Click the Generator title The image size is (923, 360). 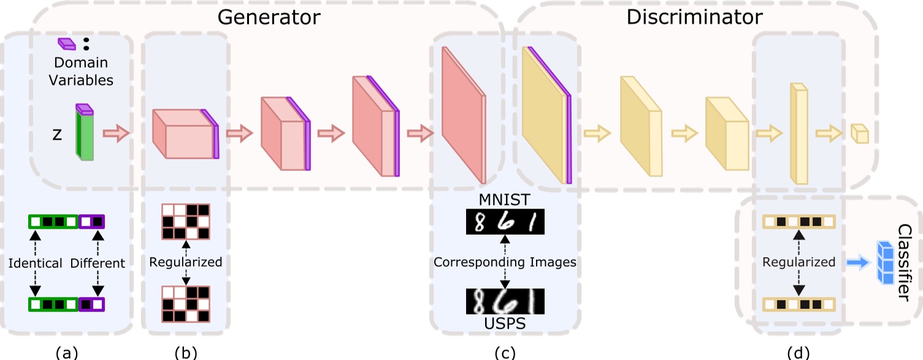[x=269, y=17]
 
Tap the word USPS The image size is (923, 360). [x=504, y=323]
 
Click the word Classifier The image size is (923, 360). [x=904, y=262]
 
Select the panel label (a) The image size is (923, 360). [x=67, y=352]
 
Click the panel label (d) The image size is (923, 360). [x=798, y=352]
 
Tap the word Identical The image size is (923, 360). [x=36, y=263]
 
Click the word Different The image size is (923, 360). [x=98, y=263]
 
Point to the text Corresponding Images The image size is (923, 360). [x=505, y=262]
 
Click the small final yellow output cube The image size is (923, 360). [x=859, y=134]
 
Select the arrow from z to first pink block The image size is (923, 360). [x=116, y=133]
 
